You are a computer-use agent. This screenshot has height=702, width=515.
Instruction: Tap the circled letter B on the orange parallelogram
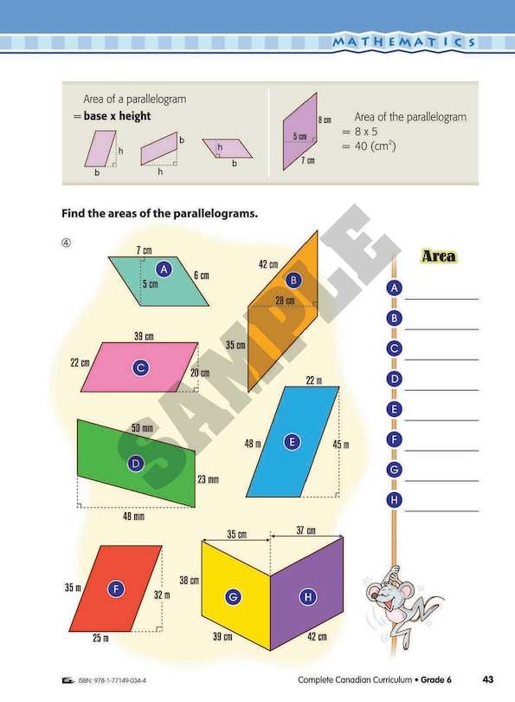coord(293,280)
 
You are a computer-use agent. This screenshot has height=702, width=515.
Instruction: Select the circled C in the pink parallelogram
coord(140,367)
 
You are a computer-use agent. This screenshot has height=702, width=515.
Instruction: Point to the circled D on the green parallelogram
coord(135,464)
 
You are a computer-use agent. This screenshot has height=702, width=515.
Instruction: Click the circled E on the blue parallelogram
coord(293,442)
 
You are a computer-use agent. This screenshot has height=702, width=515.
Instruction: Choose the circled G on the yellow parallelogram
coord(232,596)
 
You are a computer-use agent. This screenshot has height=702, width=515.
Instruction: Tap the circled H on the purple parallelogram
coord(306,596)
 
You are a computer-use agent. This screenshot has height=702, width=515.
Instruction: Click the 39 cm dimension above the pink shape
coord(144,335)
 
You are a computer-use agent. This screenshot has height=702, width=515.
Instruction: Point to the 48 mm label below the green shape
coord(132,516)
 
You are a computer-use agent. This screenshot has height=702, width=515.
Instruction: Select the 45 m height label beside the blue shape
coord(341,445)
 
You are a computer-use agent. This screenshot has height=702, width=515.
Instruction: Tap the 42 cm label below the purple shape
coord(316,637)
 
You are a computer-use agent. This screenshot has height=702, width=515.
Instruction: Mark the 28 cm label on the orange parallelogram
coord(284,301)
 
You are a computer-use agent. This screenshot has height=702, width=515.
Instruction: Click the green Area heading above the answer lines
coord(438,257)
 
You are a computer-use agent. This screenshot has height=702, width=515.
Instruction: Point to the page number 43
coord(488,679)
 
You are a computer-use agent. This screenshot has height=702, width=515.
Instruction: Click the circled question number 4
coord(65,242)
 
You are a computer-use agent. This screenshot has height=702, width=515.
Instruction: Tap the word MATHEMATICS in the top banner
coord(404,42)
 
